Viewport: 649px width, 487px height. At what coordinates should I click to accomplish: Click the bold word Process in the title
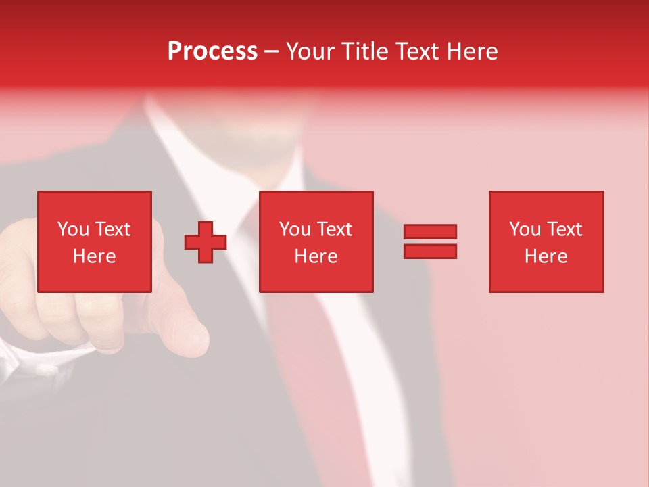[212, 51]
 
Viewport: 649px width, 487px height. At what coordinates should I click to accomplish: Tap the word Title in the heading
[364, 51]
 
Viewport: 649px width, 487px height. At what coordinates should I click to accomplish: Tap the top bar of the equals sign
[430, 231]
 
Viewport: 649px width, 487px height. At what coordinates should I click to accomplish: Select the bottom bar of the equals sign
[430, 252]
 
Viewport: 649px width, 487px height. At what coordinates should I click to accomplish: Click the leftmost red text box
[94, 241]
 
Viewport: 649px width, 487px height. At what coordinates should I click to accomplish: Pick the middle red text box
[316, 241]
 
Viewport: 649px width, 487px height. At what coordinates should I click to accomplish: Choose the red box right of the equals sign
[546, 241]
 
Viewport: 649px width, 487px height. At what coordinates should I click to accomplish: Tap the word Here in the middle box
[316, 256]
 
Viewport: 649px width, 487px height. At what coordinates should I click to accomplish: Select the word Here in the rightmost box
[546, 256]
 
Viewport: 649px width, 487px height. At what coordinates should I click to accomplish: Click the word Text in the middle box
[334, 229]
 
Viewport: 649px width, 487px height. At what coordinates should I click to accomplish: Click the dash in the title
[271, 52]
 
